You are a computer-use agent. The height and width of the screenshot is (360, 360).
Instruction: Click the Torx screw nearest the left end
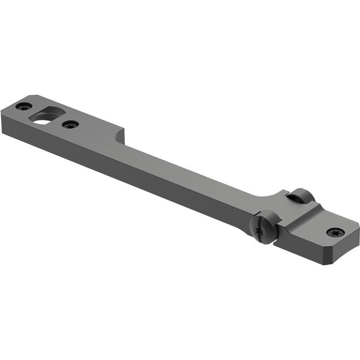24,106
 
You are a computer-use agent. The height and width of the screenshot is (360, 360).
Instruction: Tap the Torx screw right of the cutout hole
70,125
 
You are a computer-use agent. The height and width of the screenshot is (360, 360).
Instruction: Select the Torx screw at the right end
335,232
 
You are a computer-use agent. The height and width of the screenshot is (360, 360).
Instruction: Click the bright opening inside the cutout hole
42,120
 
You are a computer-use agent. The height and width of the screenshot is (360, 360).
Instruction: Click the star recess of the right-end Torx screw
335,232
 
